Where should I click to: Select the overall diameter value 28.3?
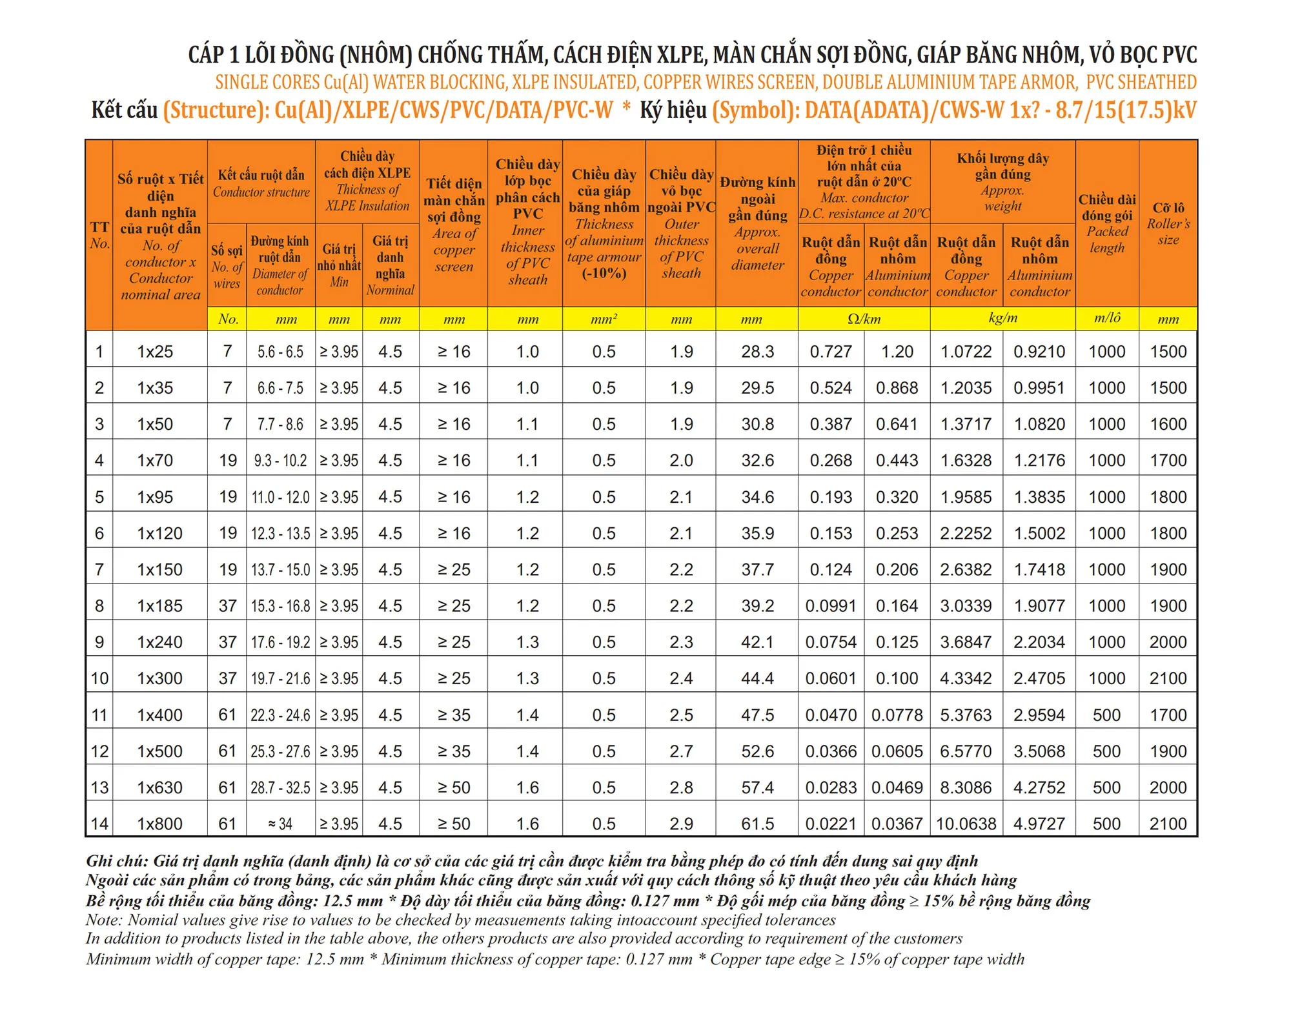coord(757,352)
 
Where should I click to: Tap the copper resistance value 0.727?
coord(831,352)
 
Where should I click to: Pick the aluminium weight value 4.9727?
coord(1039,824)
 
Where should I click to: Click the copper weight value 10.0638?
coord(966,824)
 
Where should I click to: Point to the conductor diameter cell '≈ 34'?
coord(280,824)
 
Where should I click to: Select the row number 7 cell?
coord(99,569)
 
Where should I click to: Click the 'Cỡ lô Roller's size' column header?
coord(1168,223)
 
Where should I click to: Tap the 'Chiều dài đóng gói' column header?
coord(1107,223)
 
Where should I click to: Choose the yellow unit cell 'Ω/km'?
coord(864,319)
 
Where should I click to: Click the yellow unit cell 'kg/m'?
coord(1002,318)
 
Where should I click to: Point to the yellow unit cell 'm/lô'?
coord(1107,318)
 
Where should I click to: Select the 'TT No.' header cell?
coord(99,235)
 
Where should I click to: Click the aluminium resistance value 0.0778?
coord(897,715)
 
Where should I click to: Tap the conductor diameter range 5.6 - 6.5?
coord(280,352)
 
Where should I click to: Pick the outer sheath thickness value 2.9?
coord(681,824)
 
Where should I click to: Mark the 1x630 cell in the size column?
coord(159,787)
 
